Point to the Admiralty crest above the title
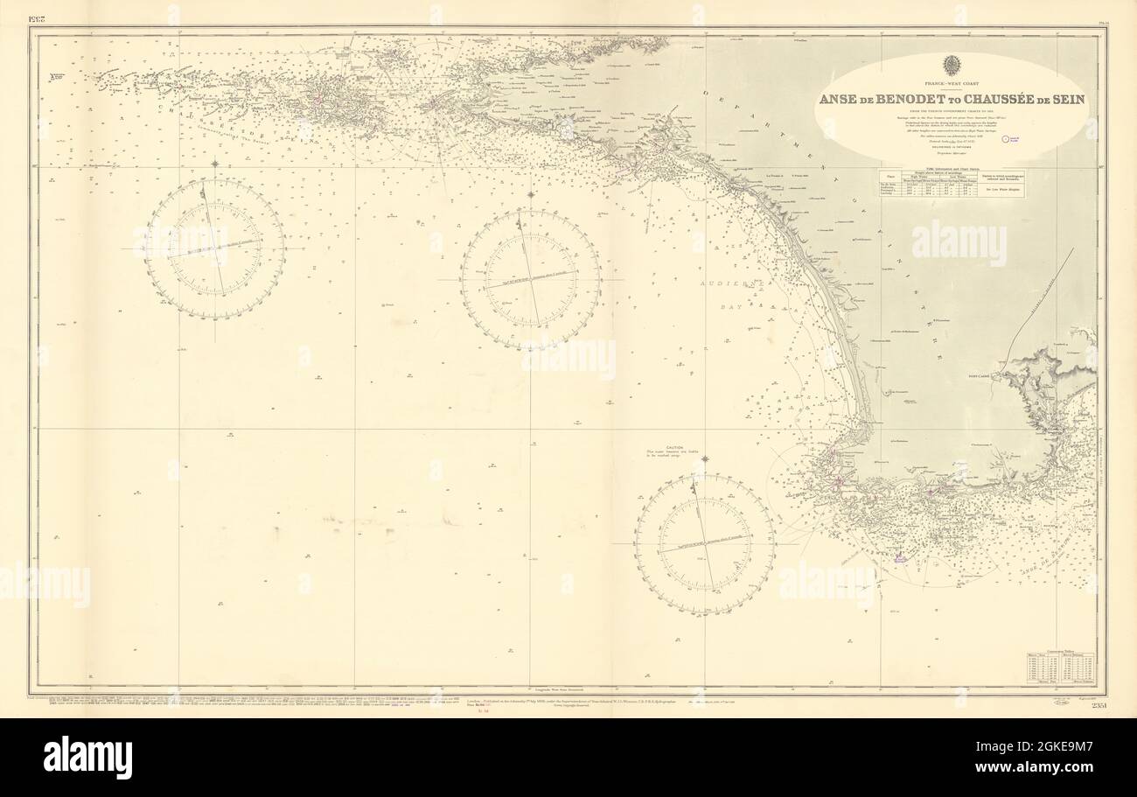pos(952,66)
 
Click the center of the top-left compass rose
pos(214,248)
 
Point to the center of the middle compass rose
pos(530,279)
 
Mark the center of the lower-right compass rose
pos(704,544)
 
